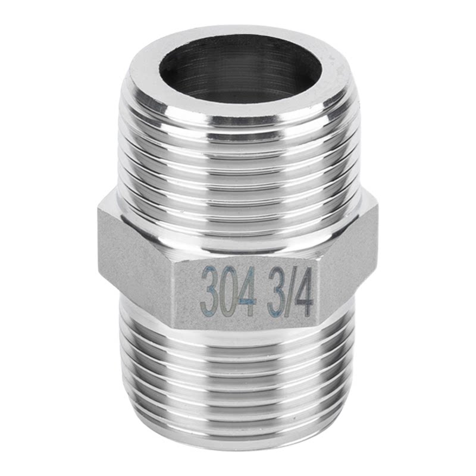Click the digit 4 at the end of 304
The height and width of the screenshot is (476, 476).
(248, 292)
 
